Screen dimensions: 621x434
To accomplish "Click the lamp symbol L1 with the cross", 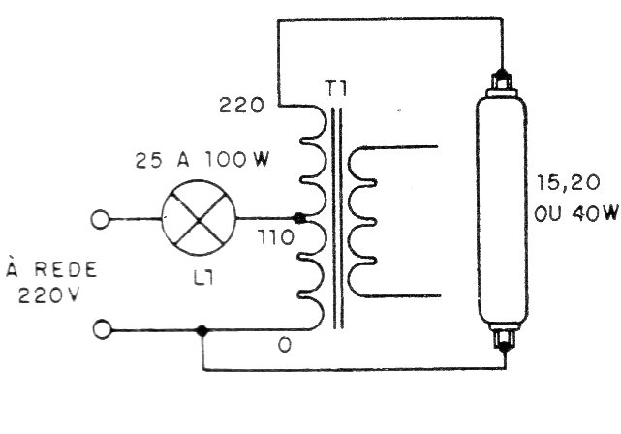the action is point(199,217).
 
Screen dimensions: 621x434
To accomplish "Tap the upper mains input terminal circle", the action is point(100,219).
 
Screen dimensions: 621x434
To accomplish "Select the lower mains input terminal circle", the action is point(103,329).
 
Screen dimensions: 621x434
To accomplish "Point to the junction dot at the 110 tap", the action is point(298,218).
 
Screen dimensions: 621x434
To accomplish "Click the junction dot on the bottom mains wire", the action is point(202,330).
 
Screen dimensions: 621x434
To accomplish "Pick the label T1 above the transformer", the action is point(336,88).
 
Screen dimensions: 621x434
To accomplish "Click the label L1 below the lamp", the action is point(203,278).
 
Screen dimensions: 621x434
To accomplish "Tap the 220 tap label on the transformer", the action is point(241,106).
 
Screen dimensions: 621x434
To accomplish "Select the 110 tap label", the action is point(276,237).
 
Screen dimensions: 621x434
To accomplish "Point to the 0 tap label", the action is point(285,346).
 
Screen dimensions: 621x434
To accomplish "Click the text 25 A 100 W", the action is point(202,160).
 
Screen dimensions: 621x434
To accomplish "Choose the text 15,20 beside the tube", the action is point(568,183).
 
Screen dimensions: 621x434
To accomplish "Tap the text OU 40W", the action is point(575,213).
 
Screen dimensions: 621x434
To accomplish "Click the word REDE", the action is point(66,269).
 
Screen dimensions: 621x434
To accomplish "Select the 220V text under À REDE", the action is point(48,295).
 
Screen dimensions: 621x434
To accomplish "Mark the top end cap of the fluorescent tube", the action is point(502,83).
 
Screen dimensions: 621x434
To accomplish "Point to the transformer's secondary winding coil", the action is point(362,222).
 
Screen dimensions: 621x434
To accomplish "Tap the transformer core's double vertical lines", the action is point(337,219).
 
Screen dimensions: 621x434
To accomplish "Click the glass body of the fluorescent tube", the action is point(503,211).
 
